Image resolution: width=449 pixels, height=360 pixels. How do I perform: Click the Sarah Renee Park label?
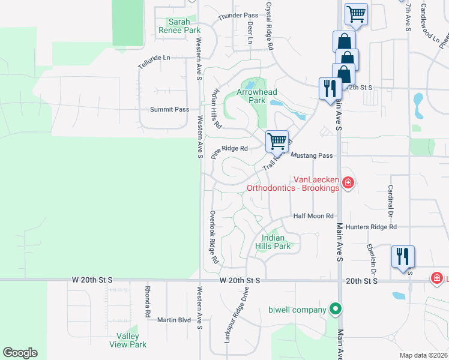[x=179, y=26]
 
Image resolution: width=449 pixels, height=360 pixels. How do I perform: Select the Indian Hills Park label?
[x=277, y=242]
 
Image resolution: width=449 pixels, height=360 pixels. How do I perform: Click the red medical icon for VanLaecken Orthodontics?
[x=347, y=182]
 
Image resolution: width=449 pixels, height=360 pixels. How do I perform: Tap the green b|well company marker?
[x=336, y=310]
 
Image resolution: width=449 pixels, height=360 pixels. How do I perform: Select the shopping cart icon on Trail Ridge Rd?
[x=277, y=141]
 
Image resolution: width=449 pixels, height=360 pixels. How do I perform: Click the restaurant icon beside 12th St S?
[x=329, y=89]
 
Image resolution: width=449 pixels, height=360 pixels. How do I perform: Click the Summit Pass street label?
[x=169, y=110]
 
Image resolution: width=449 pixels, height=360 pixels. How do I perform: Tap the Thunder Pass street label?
[x=238, y=15]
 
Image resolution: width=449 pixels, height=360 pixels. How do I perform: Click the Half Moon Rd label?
[x=313, y=216]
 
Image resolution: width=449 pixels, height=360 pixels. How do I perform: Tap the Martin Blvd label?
[x=174, y=320]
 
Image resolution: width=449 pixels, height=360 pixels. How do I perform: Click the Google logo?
[x=20, y=353]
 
